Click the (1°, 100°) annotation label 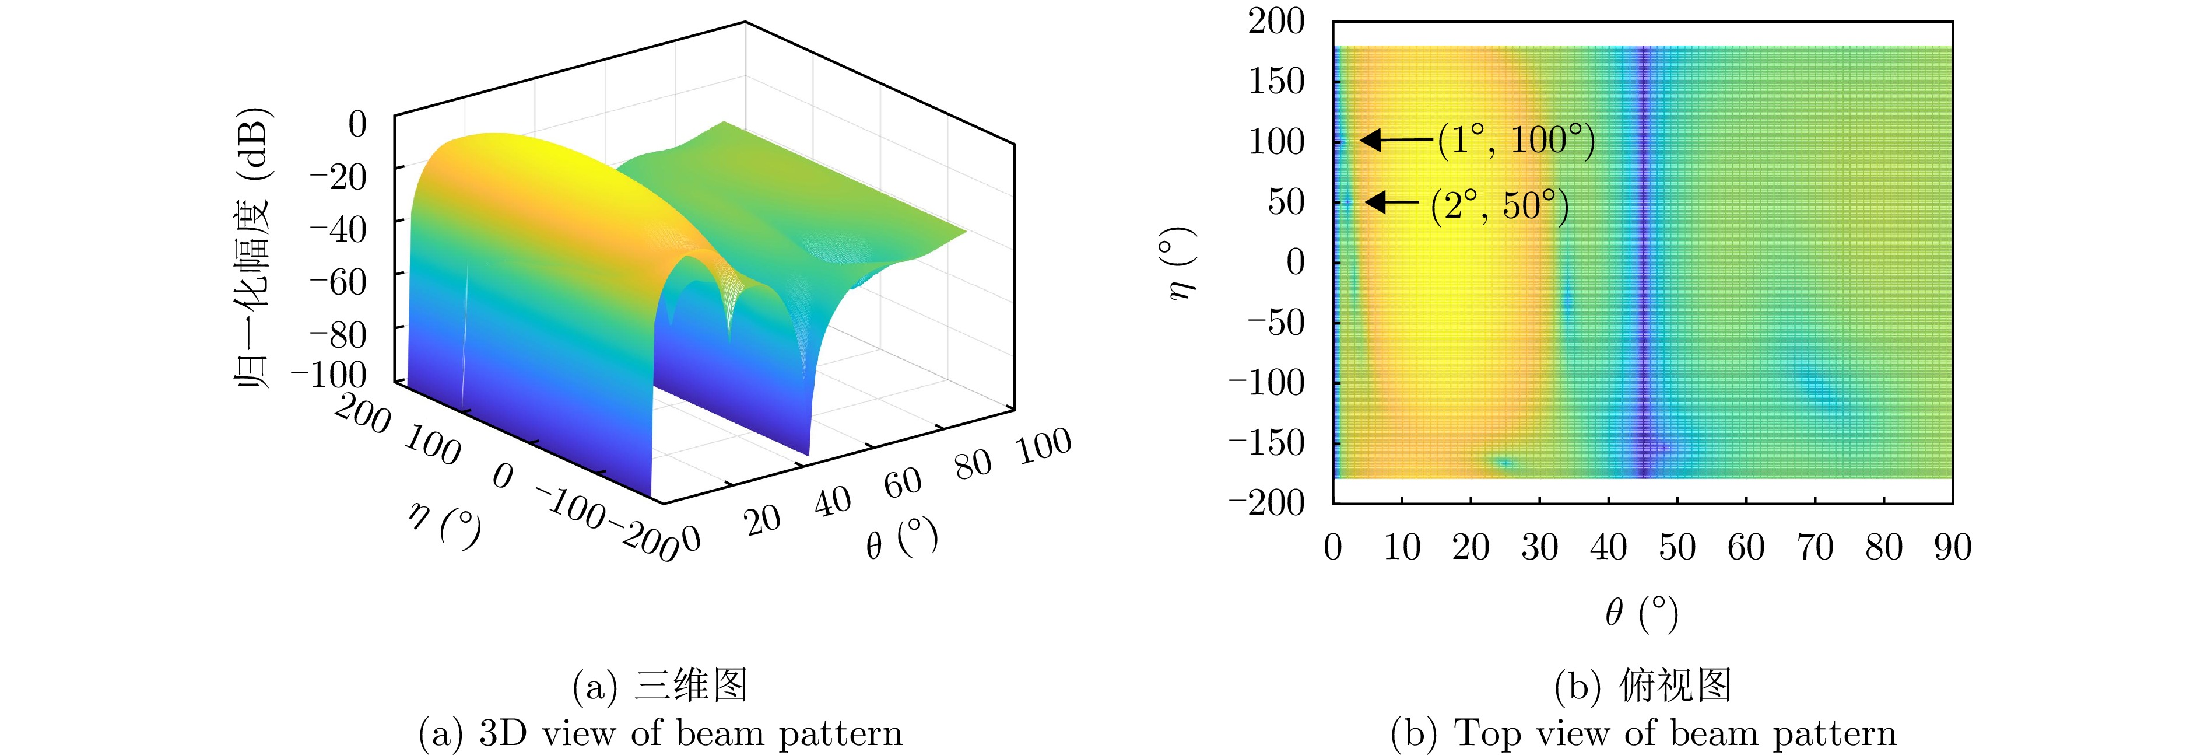1516,141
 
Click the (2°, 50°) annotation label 1499,205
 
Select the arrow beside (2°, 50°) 1392,202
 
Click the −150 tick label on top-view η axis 1266,443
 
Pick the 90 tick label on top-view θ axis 1953,548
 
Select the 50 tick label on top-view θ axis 1677,548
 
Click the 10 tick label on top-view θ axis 1402,548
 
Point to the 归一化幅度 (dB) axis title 253,248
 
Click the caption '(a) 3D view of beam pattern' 661,733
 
